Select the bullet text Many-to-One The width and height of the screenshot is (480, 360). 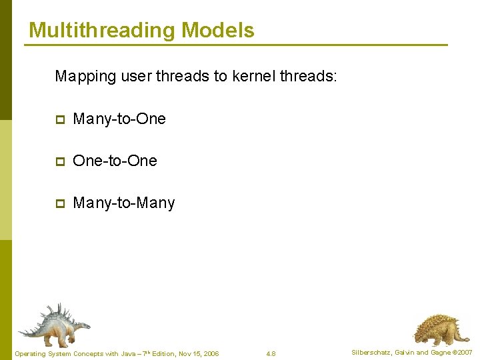[119, 119]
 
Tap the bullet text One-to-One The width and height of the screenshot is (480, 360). [115, 161]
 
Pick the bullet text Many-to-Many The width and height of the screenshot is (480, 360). [123, 203]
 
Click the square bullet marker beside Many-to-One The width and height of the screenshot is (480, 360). [59, 120]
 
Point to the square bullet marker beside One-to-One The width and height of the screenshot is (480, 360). [59, 161]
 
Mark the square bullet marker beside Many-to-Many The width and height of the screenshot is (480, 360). [59, 203]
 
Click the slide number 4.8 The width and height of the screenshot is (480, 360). [271, 353]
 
